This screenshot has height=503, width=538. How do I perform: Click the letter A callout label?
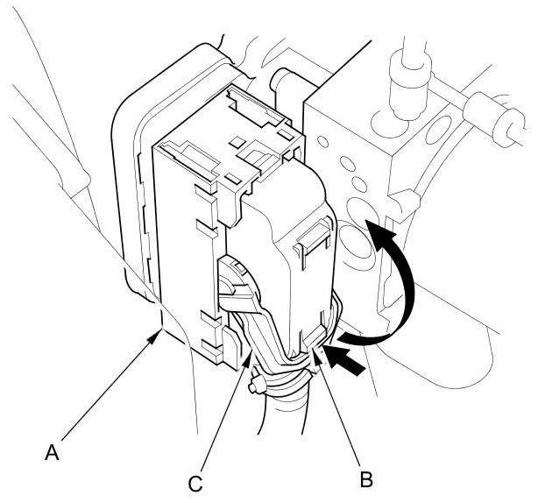click(53, 452)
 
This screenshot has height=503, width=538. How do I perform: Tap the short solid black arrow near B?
click(346, 359)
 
